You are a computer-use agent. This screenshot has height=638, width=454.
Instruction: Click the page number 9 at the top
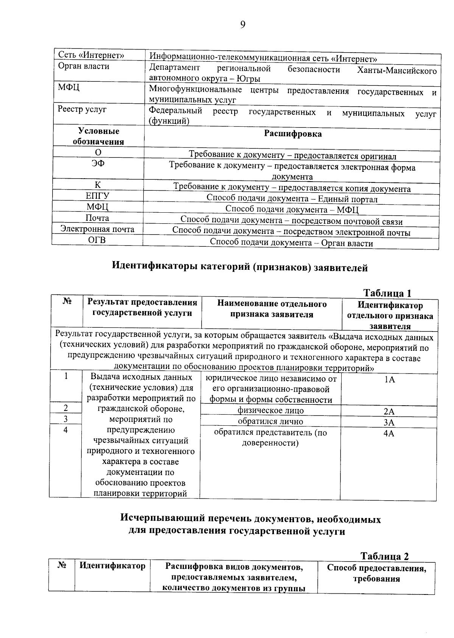[243, 25]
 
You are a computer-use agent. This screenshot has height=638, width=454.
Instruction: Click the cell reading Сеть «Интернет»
[91, 55]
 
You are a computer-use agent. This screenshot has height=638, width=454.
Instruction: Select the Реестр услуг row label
[82, 109]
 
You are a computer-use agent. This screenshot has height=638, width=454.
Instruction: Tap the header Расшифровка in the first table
[293, 134]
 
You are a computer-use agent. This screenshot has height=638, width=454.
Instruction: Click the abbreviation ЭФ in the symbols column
[98, 163]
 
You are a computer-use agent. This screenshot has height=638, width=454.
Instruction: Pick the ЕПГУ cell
[98, 196]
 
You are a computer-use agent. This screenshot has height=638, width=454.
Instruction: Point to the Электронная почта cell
[97, 229]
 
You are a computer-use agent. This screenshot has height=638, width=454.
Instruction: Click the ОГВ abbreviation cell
[97, 240]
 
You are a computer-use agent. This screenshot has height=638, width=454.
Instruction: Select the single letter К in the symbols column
[98, 185]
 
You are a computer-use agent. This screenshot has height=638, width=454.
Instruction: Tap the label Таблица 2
[384, 556]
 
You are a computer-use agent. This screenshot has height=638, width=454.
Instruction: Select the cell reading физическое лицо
[271, 411]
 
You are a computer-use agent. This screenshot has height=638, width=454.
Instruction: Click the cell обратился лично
[271, 422]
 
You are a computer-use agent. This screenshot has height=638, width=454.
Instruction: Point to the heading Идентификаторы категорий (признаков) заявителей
[240, 268]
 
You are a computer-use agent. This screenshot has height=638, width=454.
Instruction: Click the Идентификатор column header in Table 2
[112, 566]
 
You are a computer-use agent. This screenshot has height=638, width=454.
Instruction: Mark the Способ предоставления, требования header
[376, 573]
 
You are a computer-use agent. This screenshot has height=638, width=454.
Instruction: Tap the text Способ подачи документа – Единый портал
[292, 199]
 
